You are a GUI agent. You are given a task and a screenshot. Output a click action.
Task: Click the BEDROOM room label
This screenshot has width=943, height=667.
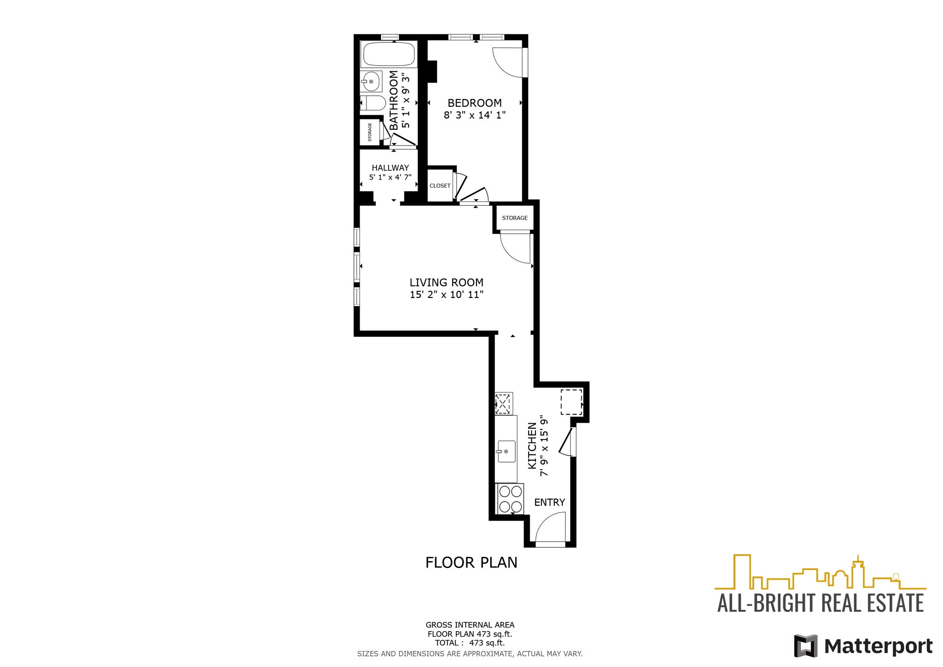474,103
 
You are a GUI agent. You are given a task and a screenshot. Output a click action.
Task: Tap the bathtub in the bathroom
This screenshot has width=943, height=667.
390,54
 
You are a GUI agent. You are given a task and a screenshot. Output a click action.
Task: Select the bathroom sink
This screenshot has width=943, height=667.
371,82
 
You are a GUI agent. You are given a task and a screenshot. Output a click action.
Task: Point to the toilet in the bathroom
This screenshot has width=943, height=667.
372,103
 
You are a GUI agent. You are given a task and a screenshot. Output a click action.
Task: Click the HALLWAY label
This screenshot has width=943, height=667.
390,168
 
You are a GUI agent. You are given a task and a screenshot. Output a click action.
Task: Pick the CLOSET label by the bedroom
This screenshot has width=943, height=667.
440,186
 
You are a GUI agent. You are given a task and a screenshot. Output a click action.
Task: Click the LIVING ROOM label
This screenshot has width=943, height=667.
446,282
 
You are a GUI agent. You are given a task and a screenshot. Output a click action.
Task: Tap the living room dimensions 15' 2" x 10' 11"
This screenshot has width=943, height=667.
446,295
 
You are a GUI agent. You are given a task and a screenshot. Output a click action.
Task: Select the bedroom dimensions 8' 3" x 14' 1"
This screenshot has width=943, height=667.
474,115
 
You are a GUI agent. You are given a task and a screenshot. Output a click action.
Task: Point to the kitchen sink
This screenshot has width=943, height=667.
506,451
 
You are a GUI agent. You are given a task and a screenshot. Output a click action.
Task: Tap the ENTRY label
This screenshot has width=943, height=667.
549,502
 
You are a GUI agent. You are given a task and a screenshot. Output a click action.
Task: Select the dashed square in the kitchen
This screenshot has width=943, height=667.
571,402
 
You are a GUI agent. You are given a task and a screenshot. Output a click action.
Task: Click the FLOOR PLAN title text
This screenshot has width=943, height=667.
471,562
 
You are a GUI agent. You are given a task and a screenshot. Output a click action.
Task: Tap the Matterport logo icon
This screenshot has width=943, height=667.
805,646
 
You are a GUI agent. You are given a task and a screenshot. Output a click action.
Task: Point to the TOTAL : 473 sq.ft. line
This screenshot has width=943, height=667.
470,643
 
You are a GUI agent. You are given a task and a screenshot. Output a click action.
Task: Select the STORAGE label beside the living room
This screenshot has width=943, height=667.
514,218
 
